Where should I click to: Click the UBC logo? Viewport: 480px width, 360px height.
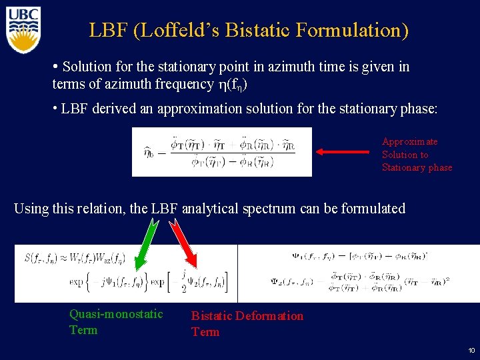coord(23,29)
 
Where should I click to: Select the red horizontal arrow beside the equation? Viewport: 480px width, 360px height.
coord(343,152)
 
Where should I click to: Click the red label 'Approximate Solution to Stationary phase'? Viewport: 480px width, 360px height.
coord(416,154)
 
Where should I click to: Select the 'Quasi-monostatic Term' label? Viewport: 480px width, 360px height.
coord(116,322)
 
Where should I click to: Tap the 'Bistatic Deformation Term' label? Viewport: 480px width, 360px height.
coord(247,323)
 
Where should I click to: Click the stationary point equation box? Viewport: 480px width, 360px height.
coord(221,151)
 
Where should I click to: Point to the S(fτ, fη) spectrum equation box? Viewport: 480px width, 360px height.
coord(126,273)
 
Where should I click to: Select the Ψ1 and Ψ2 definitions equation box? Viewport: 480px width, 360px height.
coord(359,273)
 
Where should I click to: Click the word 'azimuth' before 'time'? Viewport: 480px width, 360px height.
coord(271,67)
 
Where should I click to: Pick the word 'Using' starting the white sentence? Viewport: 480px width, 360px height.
coord(31,209)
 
